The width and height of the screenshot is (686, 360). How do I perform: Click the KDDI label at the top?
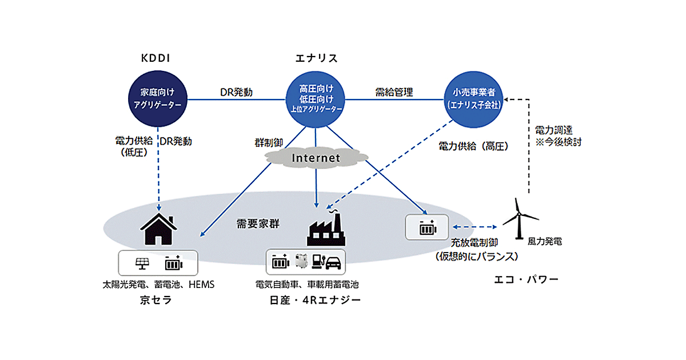point(156,58)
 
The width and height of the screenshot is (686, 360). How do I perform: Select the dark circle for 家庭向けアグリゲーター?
point(157,99)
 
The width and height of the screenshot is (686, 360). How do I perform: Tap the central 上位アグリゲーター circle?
point(316,99)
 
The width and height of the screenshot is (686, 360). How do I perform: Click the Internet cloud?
point(316,157)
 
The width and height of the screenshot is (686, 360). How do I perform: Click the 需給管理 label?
point(394,91)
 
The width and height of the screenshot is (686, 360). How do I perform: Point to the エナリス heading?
point(316,58)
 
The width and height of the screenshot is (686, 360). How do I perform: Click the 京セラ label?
point(155,299)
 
